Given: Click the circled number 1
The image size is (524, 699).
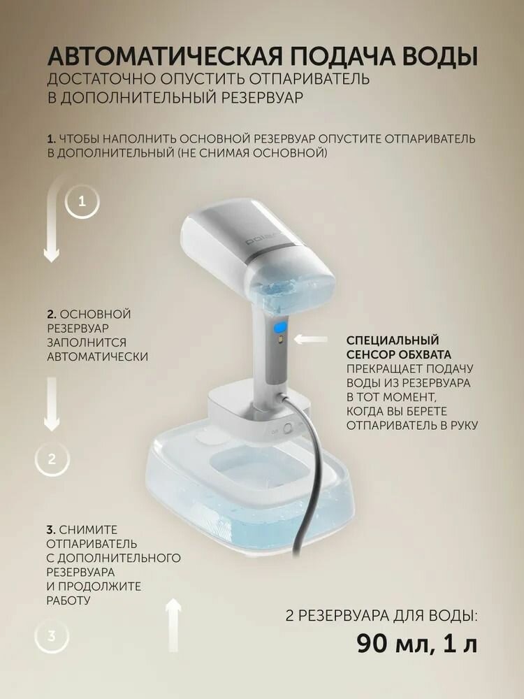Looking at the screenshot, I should coord(82,201).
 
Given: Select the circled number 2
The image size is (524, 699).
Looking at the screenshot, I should coord(52,459).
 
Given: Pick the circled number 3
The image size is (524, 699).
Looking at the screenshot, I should coord(52,636).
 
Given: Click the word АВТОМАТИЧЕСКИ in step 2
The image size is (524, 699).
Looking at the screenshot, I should coord(97,356).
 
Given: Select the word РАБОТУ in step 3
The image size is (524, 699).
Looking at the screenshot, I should coord(69,600).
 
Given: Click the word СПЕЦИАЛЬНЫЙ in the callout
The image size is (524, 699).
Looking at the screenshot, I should coord(393,340).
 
